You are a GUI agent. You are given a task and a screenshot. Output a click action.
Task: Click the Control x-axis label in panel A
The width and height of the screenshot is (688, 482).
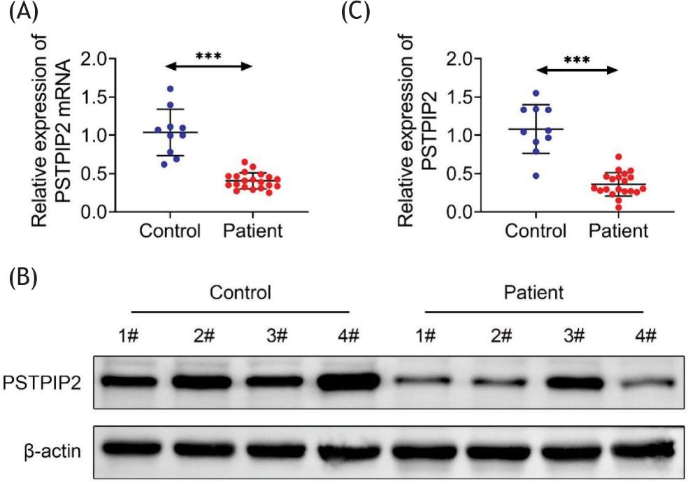tap(171, 231)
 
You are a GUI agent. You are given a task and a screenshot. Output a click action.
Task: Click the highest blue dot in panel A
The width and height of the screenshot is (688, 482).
tap(171, 89)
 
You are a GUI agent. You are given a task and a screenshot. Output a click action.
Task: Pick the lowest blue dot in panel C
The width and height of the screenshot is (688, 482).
tap(536, 175)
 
